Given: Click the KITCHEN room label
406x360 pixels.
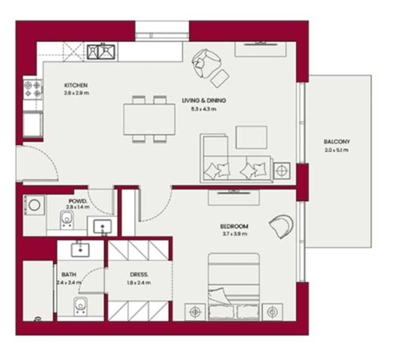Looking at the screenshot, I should [x=76, y=85].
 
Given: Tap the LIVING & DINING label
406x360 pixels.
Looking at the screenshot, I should [x=204, y=101].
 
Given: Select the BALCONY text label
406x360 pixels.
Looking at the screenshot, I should [x=336, y=142].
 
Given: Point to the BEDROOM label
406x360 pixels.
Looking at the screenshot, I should [x=233, y=227].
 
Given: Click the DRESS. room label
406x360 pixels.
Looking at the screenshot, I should [x=139, y=274].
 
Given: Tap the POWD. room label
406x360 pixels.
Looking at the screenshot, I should [x=77, y=201].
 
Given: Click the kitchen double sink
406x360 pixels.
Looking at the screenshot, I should [x=101, y=51].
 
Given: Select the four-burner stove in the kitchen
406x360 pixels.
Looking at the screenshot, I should [x=33, y=89].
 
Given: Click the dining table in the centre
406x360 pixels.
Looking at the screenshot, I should [x=149, y=119].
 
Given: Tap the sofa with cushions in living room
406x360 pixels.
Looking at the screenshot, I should [x=236, y=168].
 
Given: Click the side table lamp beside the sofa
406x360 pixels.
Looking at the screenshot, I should [x=282, y=170].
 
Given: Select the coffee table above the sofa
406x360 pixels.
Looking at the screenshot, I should [x=251, y=137].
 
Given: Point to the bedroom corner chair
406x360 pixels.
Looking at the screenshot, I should [x=281, y=226].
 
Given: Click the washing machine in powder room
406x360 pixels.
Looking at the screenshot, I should [x=34, y=205].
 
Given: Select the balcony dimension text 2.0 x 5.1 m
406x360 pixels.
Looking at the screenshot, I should [x=336, y=150].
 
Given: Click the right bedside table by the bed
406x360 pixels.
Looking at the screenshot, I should [x=272, y=312].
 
